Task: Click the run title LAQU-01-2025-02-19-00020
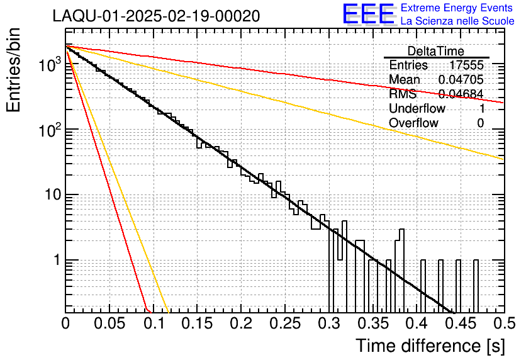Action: click(156, 16)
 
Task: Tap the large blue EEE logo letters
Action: click(368, 14)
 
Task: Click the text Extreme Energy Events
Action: click(457, 8)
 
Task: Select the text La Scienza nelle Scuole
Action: click(457, 21)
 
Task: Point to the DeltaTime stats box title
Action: click(436, 51)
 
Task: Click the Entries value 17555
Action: click(466, 65)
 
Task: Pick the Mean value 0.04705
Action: click(461, 80)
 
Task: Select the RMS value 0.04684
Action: click(461, 94)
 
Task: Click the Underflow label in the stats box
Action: click(417, 109)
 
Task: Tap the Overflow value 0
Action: click(480, 123)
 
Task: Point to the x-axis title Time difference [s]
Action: click(430, 346)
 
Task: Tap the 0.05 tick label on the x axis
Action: click(109, 323)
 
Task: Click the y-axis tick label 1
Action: click(56, 261)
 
